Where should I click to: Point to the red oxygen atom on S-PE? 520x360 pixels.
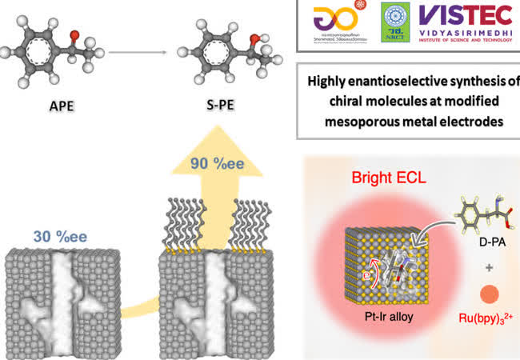[230, 38]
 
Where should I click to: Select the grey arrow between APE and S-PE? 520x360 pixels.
[137, 53]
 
